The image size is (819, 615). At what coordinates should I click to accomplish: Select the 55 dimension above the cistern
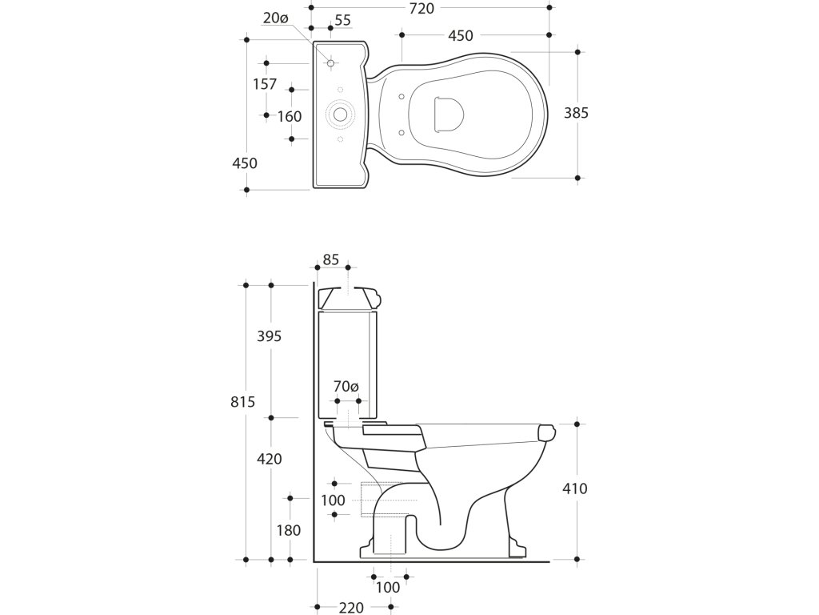click(342, 21)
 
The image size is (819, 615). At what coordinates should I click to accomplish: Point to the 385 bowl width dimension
click(576, 113)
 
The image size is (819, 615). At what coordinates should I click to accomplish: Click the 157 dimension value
click(264, 84)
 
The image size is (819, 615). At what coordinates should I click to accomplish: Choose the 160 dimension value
click(290, 117)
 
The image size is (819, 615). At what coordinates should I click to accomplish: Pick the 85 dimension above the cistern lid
click(330, 259)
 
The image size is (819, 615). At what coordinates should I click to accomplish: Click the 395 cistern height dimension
click(270, 337)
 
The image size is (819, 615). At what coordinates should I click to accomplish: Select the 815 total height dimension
click(242, 402)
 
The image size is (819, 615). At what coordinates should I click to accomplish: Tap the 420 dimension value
click(270, 460)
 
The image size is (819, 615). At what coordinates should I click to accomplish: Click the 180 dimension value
click(290, 530)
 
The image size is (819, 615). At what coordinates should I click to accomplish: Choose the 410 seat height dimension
click(575, 488)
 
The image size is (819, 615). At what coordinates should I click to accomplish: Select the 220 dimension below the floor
click(352, 607)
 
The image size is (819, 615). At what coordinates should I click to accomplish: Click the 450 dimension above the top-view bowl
click(460, 35)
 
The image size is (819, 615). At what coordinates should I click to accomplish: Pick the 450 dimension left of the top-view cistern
click(245, 163)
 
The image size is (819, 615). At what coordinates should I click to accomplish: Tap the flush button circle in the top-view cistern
click(341, 115)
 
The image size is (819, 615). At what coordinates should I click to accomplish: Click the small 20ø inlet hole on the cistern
click(330, 62)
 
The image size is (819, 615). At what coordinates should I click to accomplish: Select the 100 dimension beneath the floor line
click(387, 587)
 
